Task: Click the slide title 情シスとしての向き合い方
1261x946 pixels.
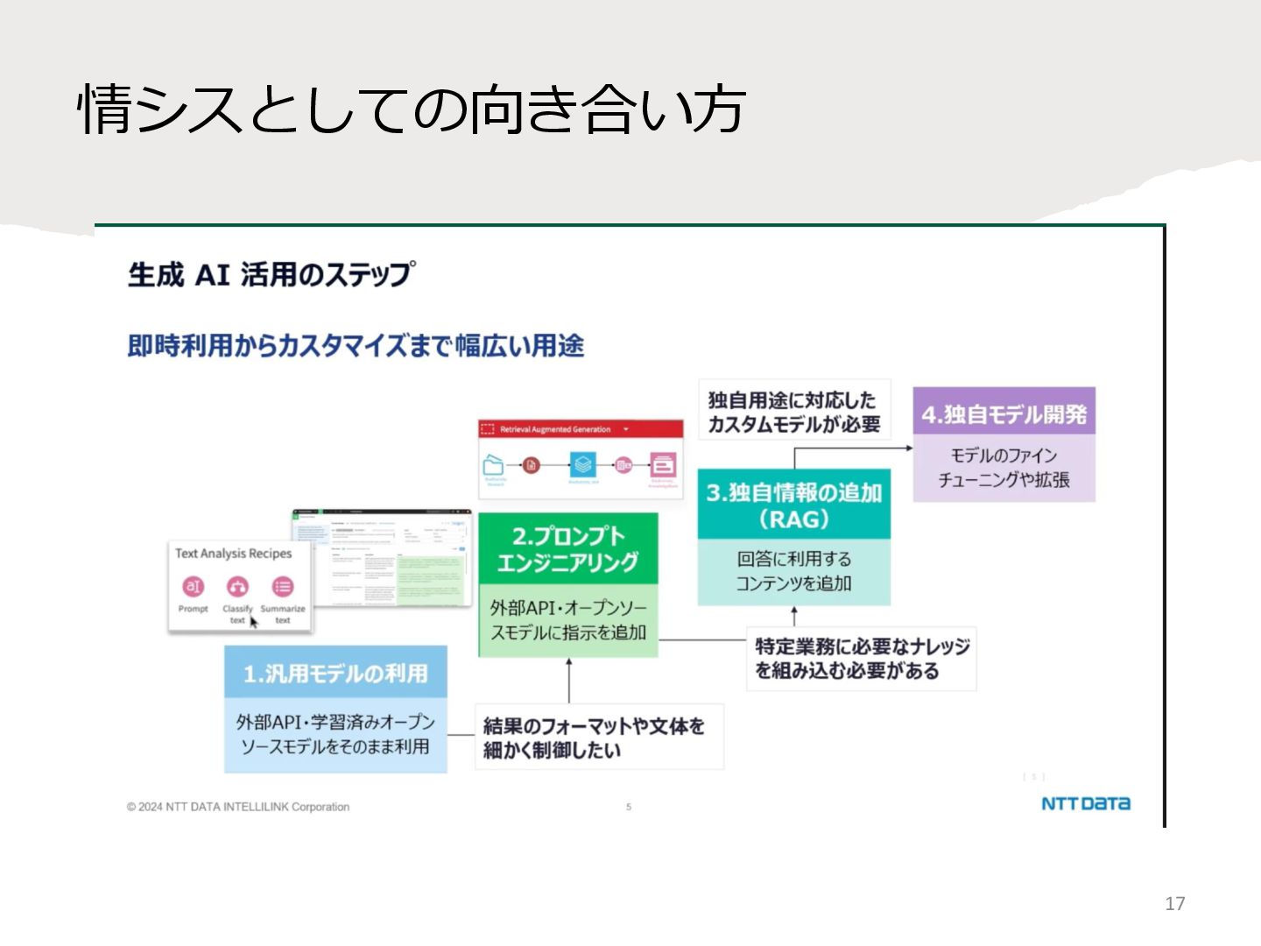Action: coord(412,109)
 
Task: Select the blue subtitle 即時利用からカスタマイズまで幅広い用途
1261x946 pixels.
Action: coord(356,346)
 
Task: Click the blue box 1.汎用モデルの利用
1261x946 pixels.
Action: coord(335,673)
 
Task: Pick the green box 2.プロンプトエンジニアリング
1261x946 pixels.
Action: coord(567,549)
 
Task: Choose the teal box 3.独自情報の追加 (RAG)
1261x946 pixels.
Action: coord(793,505)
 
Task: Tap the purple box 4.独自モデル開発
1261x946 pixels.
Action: coord(1004,414)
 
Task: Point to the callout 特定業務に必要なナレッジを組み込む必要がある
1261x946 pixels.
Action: coord(861,659)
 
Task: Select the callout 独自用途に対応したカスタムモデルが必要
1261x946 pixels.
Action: coord(793,412)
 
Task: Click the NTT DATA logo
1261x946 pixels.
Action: coord(1085,803)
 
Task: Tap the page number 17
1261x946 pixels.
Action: coord(1174,903)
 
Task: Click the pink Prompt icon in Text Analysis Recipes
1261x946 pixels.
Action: coord(193,587)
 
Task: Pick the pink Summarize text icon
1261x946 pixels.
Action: coord(282,587)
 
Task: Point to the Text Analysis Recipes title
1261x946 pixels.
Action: coord(233,554)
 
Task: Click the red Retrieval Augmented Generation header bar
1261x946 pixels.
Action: coord(581,429)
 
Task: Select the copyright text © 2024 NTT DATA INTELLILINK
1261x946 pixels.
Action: coord(238,807)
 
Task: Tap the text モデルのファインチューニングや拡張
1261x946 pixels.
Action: coord(1004,468)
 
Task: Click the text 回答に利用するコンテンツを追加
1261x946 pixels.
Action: coord(793,571)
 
